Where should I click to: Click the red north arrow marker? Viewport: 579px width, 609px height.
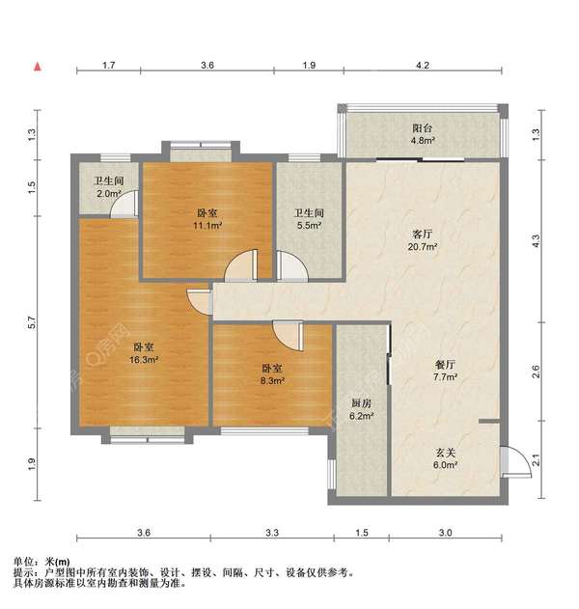(38, 67)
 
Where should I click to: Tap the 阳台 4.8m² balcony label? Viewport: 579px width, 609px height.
(423, 134)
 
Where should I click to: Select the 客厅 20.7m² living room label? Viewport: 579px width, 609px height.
(423, 240)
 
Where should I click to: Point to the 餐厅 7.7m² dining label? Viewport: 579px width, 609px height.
(445, 371)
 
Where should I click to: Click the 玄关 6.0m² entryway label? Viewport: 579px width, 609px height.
(445, 458)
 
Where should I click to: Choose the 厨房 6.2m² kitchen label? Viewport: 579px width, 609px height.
(361, 410)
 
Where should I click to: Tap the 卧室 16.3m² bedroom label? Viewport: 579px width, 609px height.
(144, 353)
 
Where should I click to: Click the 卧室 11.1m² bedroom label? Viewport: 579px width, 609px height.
(207, 219)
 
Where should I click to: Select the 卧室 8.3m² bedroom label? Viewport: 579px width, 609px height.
(272, 374)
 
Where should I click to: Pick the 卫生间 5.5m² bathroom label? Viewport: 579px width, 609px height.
(309, 219)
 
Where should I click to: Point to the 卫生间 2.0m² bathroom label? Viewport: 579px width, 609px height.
(109, 187)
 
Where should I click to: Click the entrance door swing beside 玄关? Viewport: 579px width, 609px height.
(515, 461)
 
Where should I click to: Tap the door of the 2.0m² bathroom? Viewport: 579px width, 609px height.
(124, 205)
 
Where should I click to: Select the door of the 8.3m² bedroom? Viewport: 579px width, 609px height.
(289, 336)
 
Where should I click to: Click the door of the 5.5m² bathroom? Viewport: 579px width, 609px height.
(292, 265)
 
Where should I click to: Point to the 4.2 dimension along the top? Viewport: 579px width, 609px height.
(423, 66)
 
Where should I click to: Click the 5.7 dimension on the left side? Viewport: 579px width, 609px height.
(32, 322)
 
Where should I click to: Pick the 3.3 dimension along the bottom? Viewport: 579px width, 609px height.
(272, 532)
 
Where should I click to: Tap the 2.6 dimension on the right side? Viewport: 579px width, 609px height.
(536, 372)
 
